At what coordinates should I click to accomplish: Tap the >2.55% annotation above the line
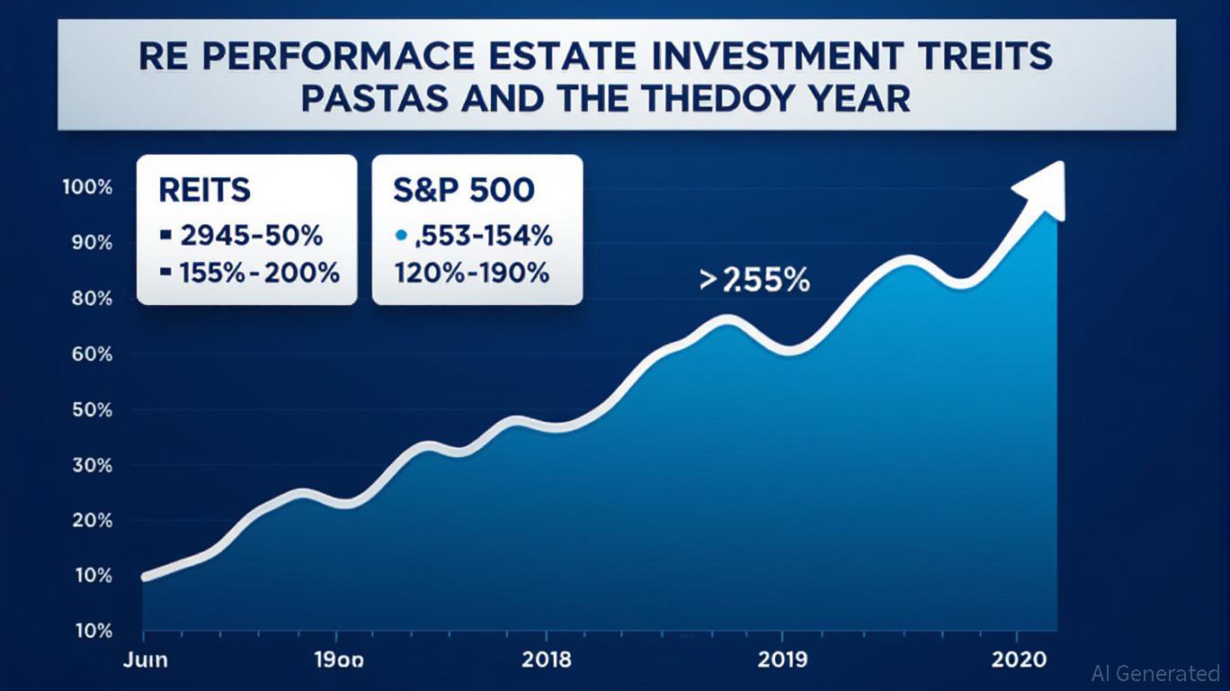pyautogui.click(x=753, y=281)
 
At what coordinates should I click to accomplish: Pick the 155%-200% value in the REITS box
pyautogui.click(x=248, y=273)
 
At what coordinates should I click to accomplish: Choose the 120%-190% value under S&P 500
pyautogui.click(x=470, y=273)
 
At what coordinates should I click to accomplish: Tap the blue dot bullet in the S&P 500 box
pyautogui.click(x=399, y=238)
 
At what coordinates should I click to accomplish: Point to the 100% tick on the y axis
pyautogui.click(x=86, y=187)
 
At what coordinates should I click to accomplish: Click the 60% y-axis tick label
pyautogui.click(x=88, y=354)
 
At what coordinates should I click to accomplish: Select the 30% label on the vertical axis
pyautogui.click(x=88, y=465)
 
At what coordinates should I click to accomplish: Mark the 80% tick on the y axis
pyautogui.click(x=88, y=299)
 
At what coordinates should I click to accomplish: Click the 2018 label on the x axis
pyautogui.click(x=546, y=660)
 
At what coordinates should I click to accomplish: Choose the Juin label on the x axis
pyautogui.click(x=143, y=660)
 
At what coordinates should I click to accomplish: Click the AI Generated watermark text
pyautogui.click(x=1154, y=672)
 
